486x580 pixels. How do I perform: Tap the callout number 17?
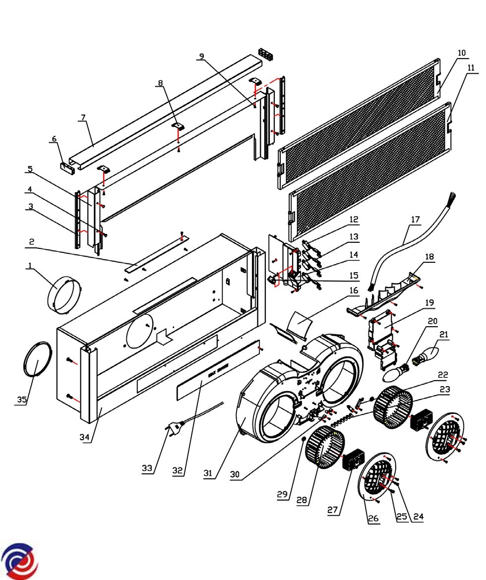415,218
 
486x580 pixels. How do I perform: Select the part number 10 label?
462,53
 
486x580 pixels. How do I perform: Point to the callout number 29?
282,495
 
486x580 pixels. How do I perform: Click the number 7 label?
82,117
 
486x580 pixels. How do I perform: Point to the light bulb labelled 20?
396,372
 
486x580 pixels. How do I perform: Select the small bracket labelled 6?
68,168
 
